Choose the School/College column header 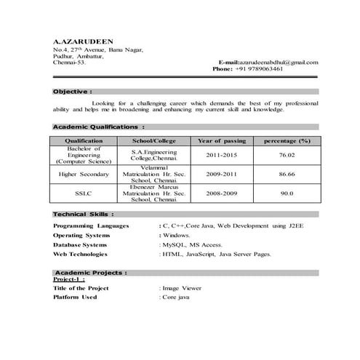[x=153, y=140]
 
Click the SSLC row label [x=84, y=194]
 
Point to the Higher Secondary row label [x=84, y=175]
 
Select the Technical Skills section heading [x=83, y=215]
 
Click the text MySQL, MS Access [x=192, y=246]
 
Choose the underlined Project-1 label [x=70, y=279]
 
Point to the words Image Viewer [x=183, y=288]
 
